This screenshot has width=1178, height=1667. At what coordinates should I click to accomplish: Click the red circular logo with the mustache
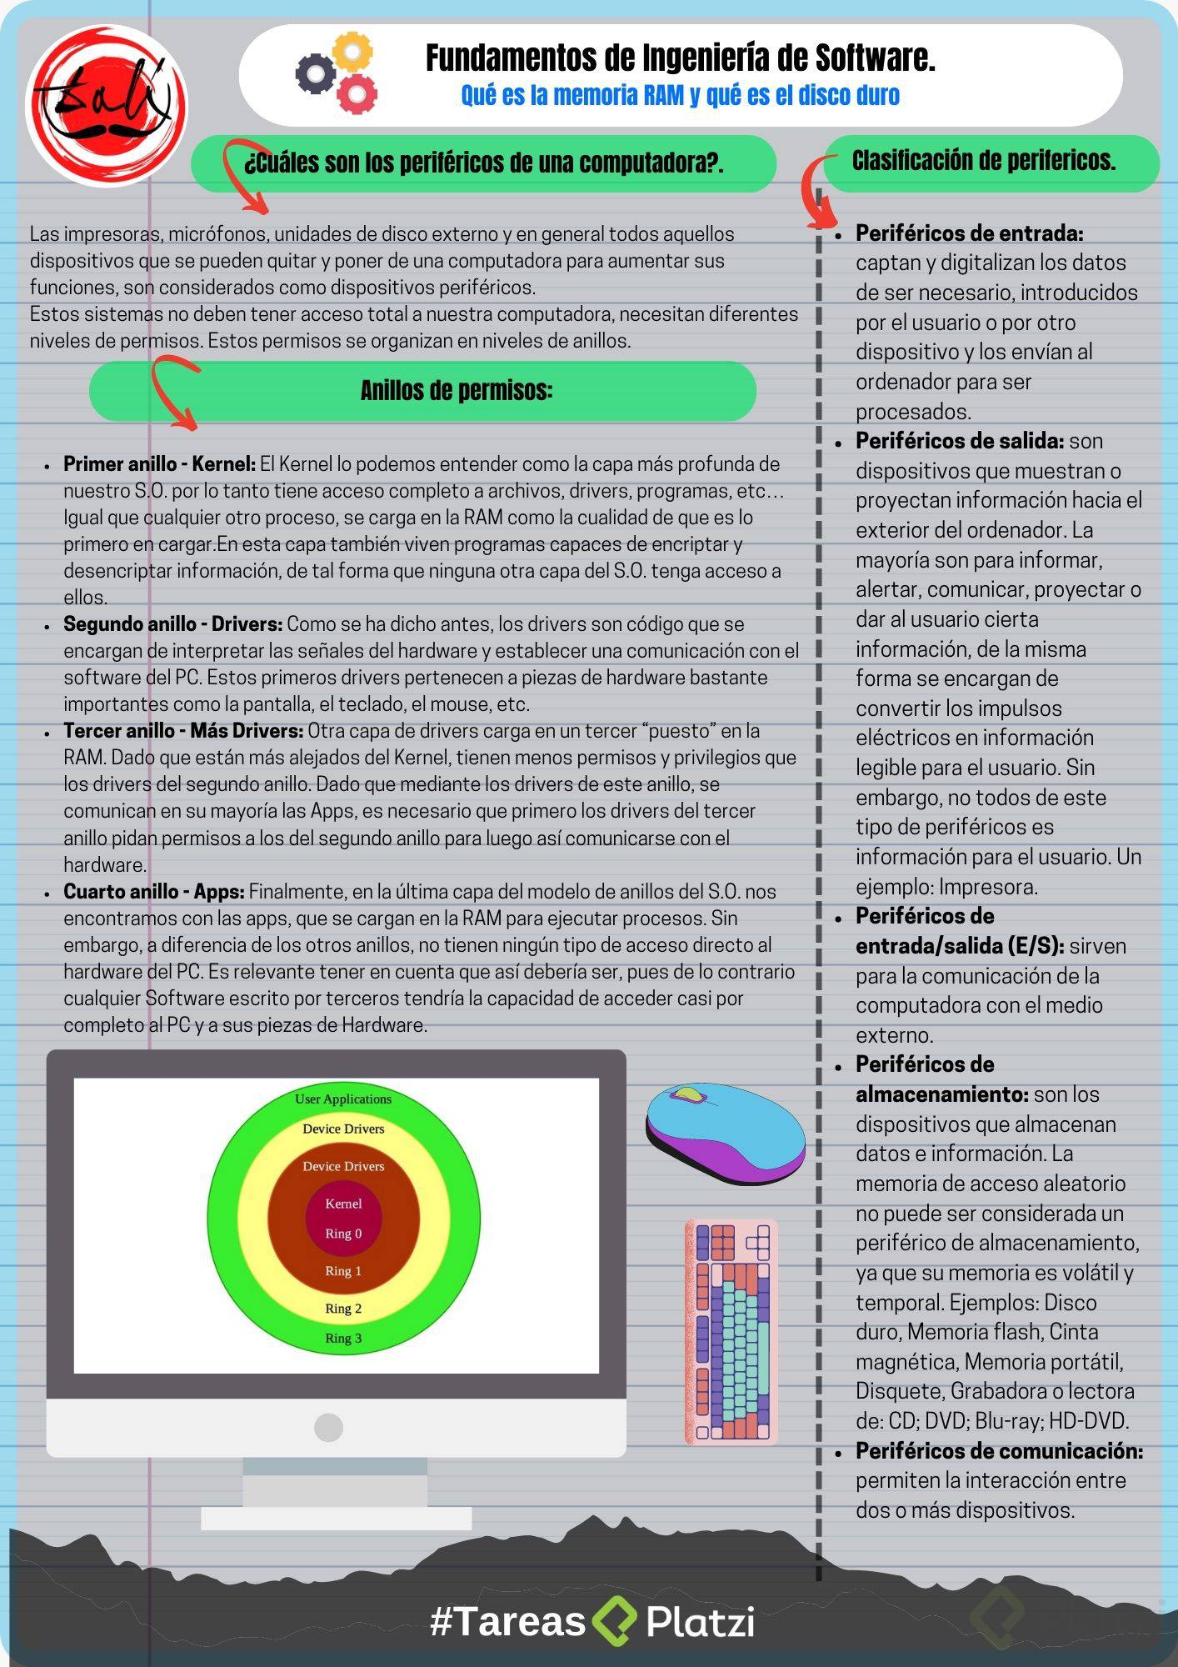tap(107, 106)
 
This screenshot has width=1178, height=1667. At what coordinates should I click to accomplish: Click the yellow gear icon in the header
tap(353, 53)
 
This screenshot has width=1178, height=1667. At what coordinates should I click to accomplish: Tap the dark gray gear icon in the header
tap(316, 73)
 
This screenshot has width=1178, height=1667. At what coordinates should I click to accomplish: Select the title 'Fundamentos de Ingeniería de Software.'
tap(680, 58)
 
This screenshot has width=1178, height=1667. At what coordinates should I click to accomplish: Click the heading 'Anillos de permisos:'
tap(457, 390)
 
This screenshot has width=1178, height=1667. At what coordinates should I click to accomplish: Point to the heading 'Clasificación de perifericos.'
tap(983, 160)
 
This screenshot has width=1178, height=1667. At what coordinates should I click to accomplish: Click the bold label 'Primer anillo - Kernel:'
tap(160, 464)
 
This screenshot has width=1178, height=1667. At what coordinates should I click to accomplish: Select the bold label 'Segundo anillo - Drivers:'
tap(173, 624)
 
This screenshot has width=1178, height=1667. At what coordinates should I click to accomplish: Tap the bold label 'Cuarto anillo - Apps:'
tap(154, 892)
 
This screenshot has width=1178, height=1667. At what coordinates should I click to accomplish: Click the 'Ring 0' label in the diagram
tap(343, 1234)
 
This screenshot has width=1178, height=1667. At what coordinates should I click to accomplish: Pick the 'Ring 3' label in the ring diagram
tap(343, 1339)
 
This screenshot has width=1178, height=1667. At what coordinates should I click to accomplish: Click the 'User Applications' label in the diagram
tap(343, 1099)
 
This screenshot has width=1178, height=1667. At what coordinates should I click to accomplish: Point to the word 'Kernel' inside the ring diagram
tap(343, 1204)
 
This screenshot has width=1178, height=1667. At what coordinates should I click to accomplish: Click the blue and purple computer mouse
tap(725, 1134)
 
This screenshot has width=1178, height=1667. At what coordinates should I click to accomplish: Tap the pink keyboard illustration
tap(731, 1332)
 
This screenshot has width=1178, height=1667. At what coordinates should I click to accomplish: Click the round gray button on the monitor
tap(328, 1428)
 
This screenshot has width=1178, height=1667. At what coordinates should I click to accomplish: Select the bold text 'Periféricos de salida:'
tap(960, 441)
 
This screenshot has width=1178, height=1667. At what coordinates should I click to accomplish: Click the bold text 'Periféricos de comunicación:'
tap(999, 1451)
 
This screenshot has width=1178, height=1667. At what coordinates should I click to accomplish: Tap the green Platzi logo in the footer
tap(615, 1621)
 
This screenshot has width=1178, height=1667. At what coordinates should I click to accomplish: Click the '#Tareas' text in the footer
tap(508, 1622)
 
